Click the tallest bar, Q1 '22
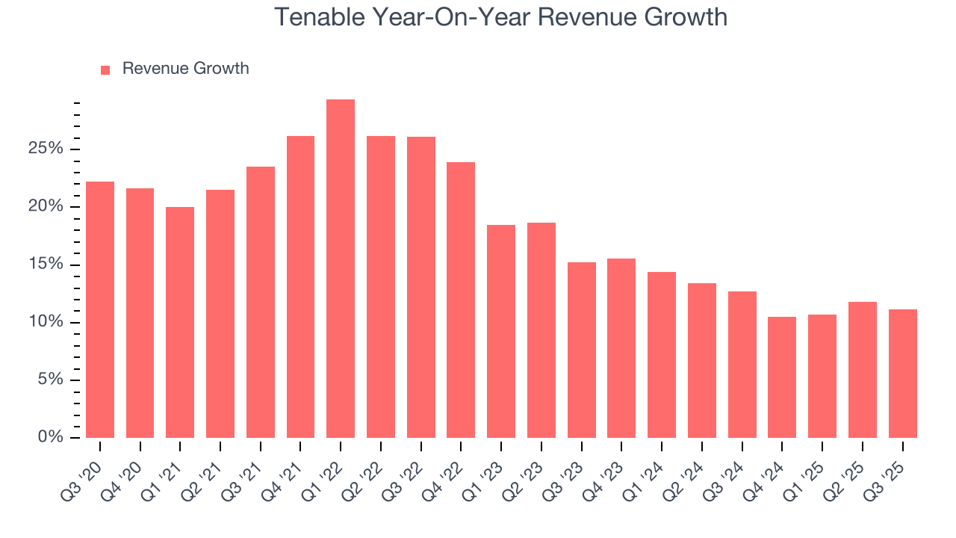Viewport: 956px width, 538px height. [341, 269]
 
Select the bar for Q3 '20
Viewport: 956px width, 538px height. [100, 309]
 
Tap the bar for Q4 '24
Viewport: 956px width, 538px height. [782, 377]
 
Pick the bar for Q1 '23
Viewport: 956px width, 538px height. [501, 331]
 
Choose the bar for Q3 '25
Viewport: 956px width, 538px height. [902, 374]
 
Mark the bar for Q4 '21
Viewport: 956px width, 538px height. [300, 287]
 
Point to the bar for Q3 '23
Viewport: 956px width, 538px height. [581, 350]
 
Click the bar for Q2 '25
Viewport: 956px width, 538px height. [863, 370]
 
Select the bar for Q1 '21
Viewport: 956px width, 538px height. [180, 322]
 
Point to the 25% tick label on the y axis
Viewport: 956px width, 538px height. [46, 149]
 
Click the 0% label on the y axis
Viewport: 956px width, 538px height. [50, 437]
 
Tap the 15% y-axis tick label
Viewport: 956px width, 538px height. [46, 265]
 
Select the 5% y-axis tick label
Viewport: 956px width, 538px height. [50, 380]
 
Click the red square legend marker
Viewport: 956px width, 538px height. [105, 69]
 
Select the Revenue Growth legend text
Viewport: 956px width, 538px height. [185, 69]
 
